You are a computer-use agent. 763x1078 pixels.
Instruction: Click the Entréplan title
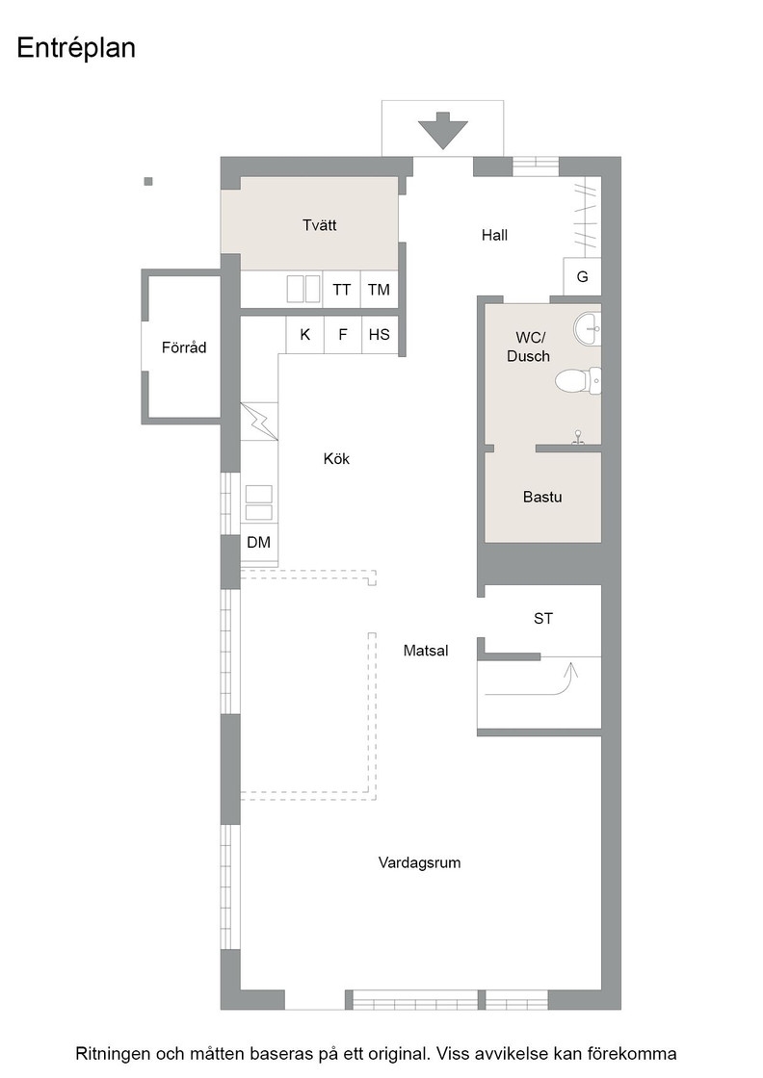click(76, 49)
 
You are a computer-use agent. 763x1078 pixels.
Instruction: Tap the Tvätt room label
click(319, 225)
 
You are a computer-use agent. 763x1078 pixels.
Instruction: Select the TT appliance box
click(342, 289)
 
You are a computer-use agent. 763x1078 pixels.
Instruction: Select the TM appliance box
click(379, 289)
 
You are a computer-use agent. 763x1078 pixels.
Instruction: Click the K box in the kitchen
click(305, 335)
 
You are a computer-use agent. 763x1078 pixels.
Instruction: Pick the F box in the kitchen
click(342, 335)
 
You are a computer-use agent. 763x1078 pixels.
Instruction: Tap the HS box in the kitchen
click(379, 335)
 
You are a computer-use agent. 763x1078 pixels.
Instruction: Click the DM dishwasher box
click(258, 543)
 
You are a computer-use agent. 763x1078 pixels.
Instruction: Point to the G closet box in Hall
click(582, 276)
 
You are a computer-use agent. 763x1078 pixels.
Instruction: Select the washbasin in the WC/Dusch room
click(588, 330)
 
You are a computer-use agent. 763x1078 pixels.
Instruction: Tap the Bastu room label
click(542, 498)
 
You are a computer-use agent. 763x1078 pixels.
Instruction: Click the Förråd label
click(184, 347)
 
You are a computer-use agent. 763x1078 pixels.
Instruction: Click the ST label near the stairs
click(543, 619)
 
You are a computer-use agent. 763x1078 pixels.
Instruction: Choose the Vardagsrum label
click(419, 862)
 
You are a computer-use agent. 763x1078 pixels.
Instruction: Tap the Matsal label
click(426, 651)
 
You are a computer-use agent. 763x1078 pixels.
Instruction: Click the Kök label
click(336, 459)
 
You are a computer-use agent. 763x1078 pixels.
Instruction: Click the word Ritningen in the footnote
click(114, 1054)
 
